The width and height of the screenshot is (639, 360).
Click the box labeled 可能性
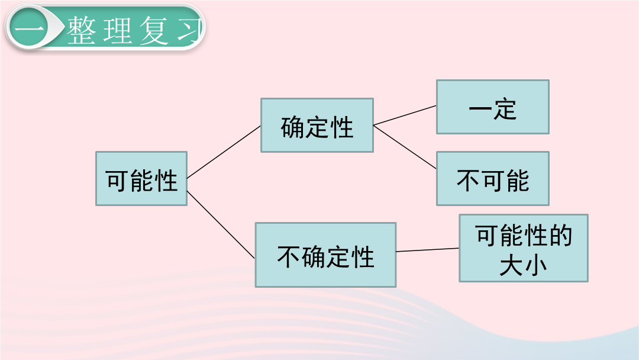(141, 179)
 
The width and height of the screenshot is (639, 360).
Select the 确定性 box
(317, 125)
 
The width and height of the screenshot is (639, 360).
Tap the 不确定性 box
(325, 255)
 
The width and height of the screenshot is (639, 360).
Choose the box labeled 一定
(493, 107)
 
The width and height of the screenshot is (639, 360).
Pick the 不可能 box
(493, 179)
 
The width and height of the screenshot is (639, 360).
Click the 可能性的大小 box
(524, 248)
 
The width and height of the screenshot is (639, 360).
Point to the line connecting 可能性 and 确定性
(224, 152)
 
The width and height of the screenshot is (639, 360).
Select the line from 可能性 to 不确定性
(221, 224)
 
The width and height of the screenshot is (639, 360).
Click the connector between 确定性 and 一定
(405, 115)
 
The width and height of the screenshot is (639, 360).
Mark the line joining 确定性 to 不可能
(405, 147)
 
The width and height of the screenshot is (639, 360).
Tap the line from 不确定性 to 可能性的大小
(428, 250)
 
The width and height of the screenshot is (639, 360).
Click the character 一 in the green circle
(29, 29)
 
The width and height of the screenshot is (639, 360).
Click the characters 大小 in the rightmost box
(523, 265)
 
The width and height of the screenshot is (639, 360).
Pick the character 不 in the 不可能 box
(469, 180)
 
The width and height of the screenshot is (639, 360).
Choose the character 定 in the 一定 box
(505, 109)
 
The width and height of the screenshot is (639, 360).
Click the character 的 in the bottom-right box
(561, 235)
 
